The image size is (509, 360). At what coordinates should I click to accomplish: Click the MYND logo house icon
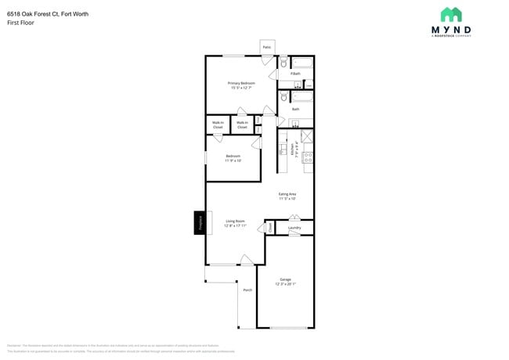[x=450, y=14]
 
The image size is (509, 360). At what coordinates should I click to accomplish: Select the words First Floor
[x=20, y=23]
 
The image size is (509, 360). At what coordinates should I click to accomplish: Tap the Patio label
[x=267, y=48]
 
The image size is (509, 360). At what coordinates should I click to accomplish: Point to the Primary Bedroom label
[x=242, y=85]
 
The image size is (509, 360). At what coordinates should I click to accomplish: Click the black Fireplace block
[x=200, y=222]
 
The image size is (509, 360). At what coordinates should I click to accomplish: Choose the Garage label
[x=286, y=281]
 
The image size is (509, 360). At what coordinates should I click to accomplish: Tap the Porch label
[x=247, y=290]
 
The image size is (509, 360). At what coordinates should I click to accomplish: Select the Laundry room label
[x=294, y=228]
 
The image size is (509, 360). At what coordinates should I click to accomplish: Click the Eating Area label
[x=287, y=196]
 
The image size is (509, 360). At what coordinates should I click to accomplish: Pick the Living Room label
[x=236, y=223]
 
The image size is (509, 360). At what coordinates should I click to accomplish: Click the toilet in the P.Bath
[x=283, y=63]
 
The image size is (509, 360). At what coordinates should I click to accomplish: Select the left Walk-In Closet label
[x=218, y=124]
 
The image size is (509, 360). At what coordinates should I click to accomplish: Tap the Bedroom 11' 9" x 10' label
[x=233, y=158]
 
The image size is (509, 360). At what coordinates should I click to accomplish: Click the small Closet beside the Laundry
[x=270, y=227]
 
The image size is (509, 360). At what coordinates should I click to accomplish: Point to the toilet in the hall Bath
[x=283, y=97]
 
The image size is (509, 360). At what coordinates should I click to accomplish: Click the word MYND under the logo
[x=451, y=31]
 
